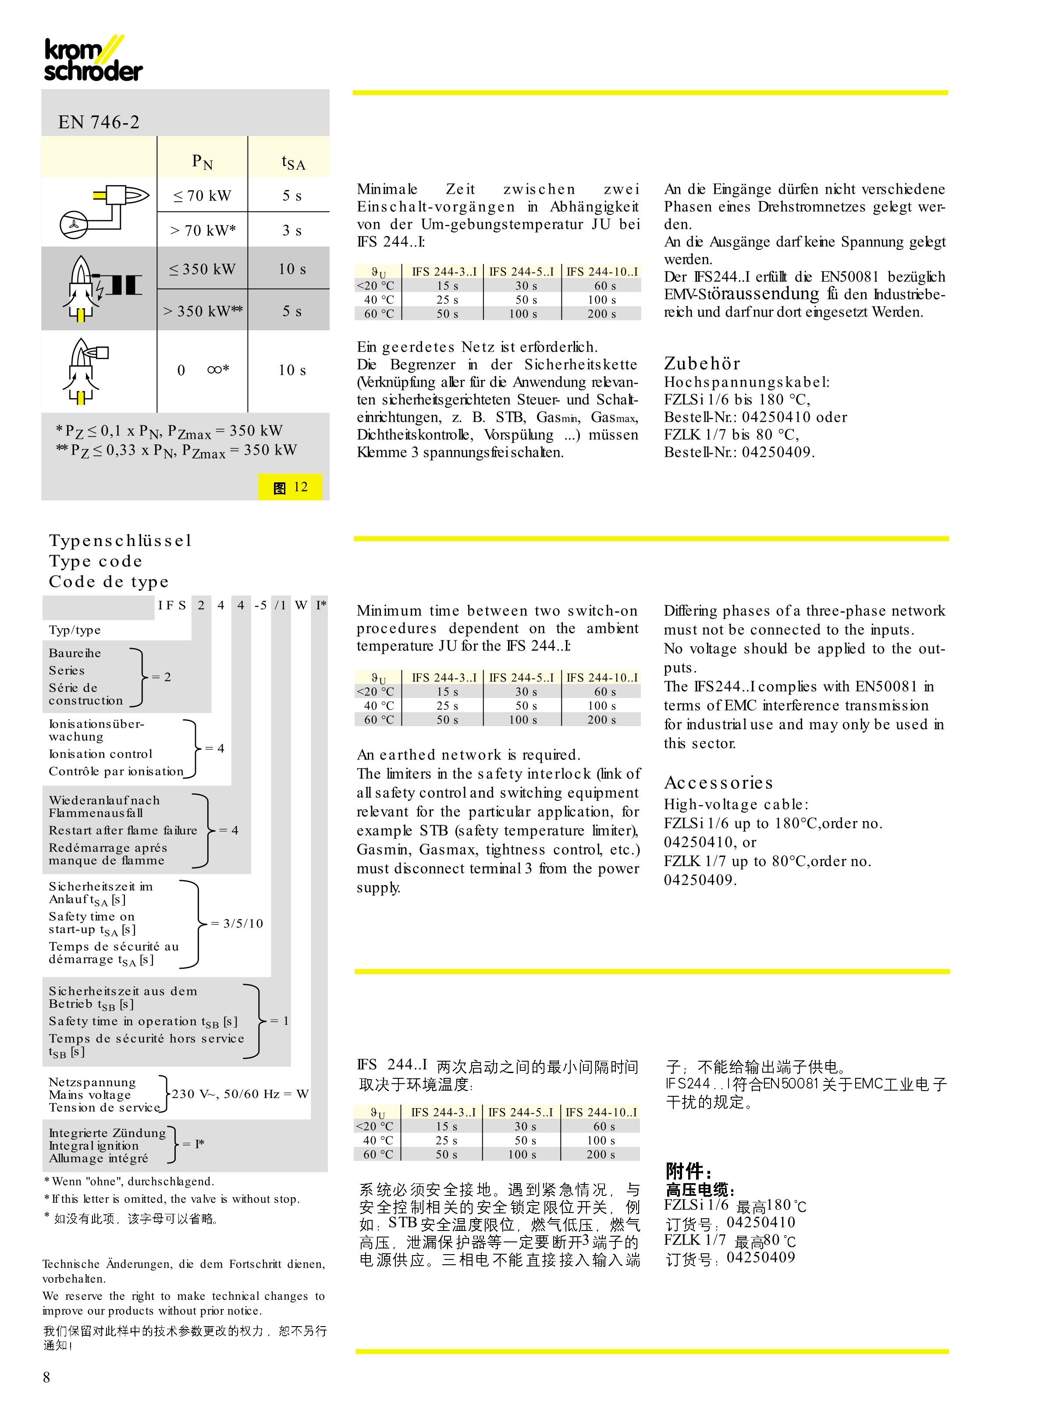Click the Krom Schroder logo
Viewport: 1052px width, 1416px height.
pyautogui.click(x=93, y=59)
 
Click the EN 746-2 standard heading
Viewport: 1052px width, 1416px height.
pyautogui.click(x=99, y=121)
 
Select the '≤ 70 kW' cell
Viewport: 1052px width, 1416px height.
pyautogui.click(x=202, y=196)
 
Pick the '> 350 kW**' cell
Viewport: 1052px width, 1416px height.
pyautogui.click(x=203, y=311)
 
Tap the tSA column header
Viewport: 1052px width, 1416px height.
pyautogui.click(x=293, y=162)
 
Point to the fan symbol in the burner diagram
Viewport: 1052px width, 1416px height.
pyautogui.click(x=74, y=224)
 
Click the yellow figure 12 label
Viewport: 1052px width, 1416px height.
pyautogui.click(x=290, y=487)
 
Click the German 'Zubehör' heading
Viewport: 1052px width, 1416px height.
pyautogui.click(x=702, y=363)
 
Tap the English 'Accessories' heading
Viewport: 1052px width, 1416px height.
pyautogui.click(x=718, y=782)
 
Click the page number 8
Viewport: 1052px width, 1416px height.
pyautogui.click(x=46, y=1377)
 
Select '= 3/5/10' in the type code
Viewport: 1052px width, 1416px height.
pyautogui.click(x=237, y=923)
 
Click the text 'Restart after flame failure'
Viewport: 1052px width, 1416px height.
pyautogui.click(x=123, y=830)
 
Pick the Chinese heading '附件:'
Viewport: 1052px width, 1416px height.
pyautogui.click(x=688, y=1171)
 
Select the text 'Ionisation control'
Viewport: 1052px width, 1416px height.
pyautogui.click(x=101, y=753)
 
